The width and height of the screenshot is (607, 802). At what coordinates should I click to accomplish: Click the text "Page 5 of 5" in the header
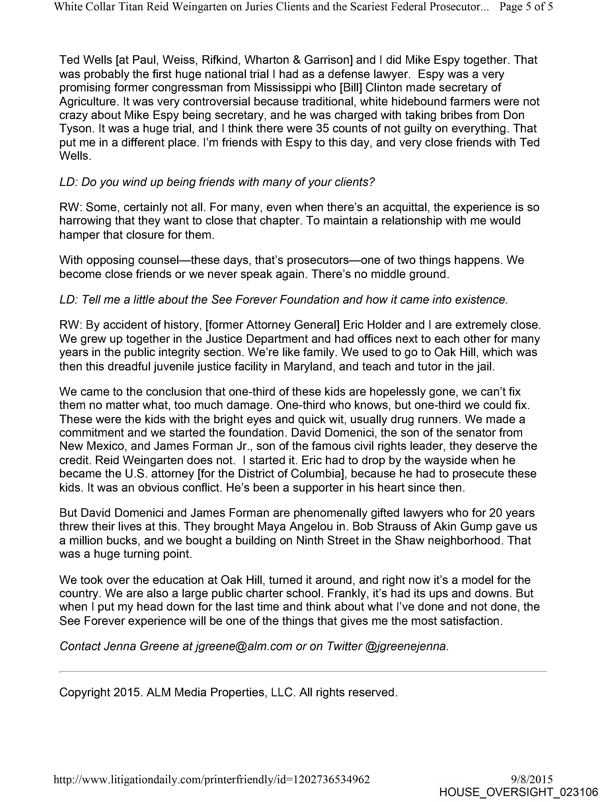526,7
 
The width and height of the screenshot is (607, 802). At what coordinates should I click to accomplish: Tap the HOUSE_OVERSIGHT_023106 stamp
518,792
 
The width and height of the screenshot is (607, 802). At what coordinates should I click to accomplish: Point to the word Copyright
85,692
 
